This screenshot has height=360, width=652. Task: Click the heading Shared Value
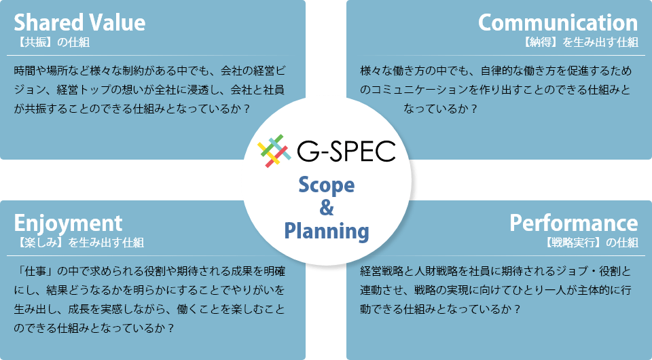point(79,22)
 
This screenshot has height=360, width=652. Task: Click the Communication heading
point(558,22)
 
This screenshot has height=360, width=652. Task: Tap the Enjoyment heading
point(68,223)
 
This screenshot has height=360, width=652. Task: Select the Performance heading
point(574,223)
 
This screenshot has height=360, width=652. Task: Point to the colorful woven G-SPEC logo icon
point(274,151)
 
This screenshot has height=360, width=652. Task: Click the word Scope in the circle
point(327,185)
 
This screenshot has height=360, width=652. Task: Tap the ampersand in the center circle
point(327,208)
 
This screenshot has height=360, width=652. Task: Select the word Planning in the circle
point(327,231)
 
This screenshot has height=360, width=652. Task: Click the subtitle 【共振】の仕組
point(52,42)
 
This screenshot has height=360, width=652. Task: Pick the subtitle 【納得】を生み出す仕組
point(580,42)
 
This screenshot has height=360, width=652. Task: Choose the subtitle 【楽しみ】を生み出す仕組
point(79,242)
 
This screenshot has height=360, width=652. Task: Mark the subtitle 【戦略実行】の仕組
point(591,242)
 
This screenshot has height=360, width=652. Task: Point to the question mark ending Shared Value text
point(246,109)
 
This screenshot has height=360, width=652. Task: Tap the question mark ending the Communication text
point(473,109)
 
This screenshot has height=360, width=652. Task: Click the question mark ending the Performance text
point(517,309)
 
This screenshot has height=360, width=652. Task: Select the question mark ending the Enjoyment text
point(170,328)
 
